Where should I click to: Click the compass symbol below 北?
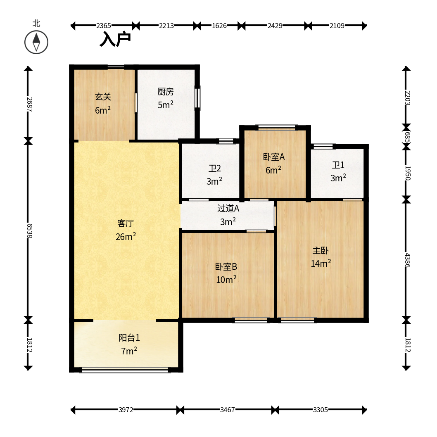pos(36,43)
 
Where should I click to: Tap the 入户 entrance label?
pos(115,39)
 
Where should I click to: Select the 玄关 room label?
pos(103,97)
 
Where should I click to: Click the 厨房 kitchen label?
pos(166,92)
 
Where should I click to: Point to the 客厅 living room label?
pos(126,223)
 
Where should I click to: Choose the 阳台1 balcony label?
pos(129,338)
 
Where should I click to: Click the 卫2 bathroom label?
pos(215,169)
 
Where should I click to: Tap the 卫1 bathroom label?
pos(338,165)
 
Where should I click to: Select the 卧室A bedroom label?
pos(274,157)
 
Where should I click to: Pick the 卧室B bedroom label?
pos(226,267)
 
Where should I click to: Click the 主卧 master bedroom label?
pos(321,251)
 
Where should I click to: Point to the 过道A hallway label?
pos(228,208)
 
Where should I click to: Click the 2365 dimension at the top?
pos(104,26)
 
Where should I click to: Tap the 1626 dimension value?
pos(219,26)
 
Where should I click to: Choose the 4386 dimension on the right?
pos(407,260)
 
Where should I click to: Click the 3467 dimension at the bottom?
pos(228,410)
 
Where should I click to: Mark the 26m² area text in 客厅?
pos(126,237)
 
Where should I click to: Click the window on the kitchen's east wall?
pos(197,97)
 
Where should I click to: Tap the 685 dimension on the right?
pos(407,138)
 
